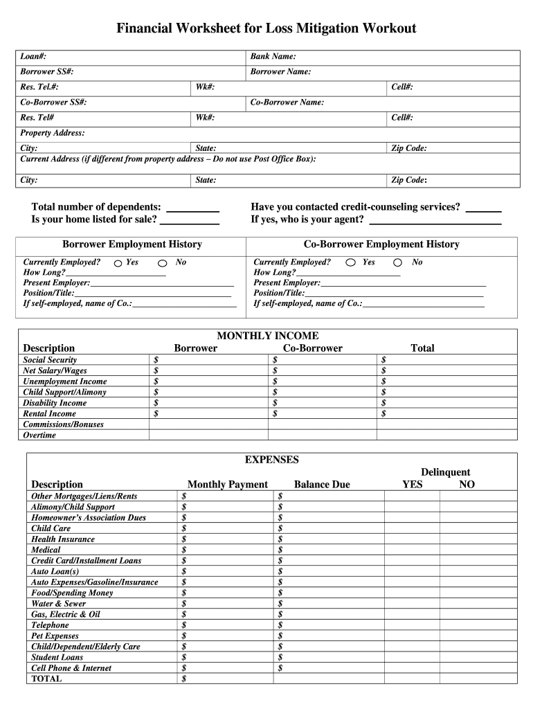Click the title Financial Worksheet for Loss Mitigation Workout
coord(266,28)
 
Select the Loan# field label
coord(33,56)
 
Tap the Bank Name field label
coord(273,56)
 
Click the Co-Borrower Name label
coord(287,102)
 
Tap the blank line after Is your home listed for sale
coord(190,220)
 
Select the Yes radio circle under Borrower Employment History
coord(118,263)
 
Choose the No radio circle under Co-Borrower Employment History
coord(397,263)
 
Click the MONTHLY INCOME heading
coord(268,336)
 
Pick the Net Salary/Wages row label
coord(55,371)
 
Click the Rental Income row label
coord(50,414)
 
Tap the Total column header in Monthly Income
coord(422,348)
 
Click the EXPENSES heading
coord(271,460)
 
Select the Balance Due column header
coord(322,485)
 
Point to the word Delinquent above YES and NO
coord(445,472)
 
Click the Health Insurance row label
coord(63,539)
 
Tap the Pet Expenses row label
coord(55,636)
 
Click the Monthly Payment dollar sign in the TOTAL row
coord(183,679)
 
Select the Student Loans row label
coord(57,657)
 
